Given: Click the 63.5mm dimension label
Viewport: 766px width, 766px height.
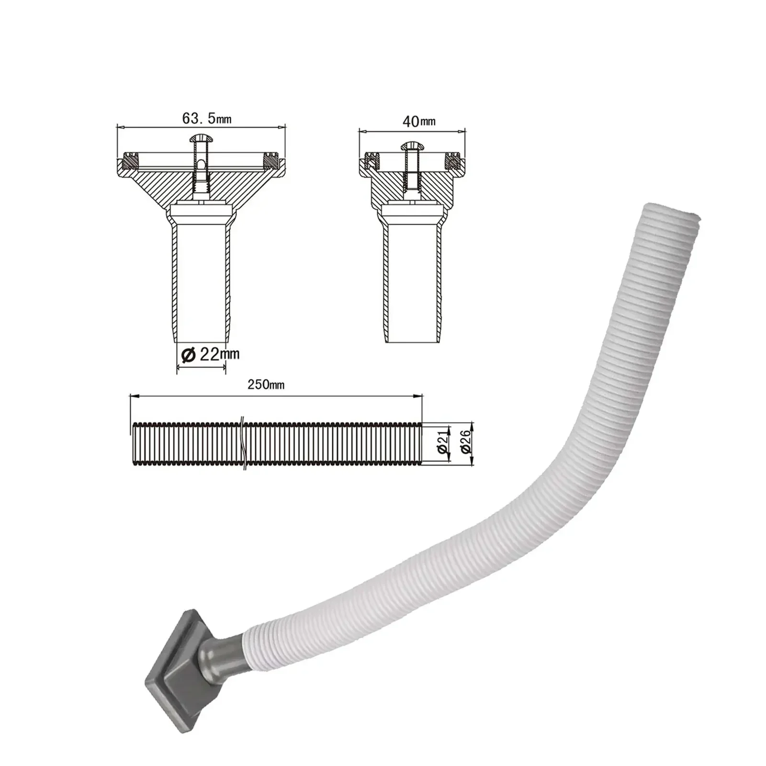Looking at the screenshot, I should (x=206, y=118).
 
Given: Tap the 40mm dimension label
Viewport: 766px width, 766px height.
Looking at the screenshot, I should (x=419, y=121).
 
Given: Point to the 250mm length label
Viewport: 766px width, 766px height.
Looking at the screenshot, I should (x=266, y=384).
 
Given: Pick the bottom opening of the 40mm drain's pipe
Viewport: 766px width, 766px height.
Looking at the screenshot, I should (x=411, y=340).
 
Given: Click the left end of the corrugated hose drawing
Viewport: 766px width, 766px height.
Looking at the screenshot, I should (x=133, y=444).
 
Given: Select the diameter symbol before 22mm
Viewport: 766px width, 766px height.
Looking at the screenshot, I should (x=188, y=355).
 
